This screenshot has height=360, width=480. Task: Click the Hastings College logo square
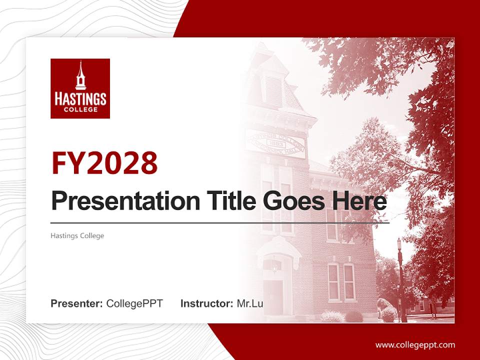click(x=80, y=88)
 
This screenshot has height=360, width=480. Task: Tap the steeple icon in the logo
click(x=80, y=76)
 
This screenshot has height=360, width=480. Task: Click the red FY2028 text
click(x=104, y=163)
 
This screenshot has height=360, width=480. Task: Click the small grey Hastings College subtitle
click(x=77, y=235)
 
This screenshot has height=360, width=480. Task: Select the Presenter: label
click(x=77, y=303)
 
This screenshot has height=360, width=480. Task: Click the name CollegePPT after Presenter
click(x=134, y=303)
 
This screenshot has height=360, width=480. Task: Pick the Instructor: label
click(x=206, y=303)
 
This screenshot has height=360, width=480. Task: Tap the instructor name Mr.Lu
click(x=250, y=303)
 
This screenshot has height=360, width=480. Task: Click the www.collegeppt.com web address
click(x=415, y=345)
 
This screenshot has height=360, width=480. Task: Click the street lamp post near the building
click(x=400, y=280)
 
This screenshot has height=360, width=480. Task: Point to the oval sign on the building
click(x=275, y=142)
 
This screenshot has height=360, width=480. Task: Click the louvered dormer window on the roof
click(x=273, y=90)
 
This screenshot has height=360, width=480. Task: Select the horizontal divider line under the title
click(x=220, y=222)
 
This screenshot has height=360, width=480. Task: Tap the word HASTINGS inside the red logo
click(x=80, y=98)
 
